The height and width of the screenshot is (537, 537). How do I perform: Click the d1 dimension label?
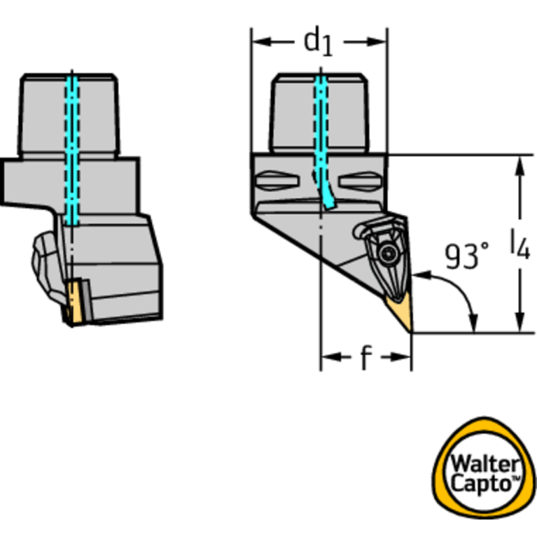[x=318, y=42]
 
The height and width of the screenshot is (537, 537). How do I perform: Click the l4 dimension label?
[x=520, y=244]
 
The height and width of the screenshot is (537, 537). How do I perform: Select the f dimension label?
[x=366, y=358]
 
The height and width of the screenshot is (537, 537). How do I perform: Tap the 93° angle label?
[x=467, y=256]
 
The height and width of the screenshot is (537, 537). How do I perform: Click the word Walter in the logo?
[x=484, y=465]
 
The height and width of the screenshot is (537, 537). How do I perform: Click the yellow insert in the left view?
[x=74, y=302]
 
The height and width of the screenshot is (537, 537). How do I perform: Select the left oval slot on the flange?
[x=277, y=180]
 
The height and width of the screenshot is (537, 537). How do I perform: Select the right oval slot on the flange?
[x=360, y=181]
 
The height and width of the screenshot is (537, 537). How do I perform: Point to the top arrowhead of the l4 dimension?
[x=520, y=166]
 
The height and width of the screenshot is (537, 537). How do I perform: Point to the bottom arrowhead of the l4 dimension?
[x=520, y=322]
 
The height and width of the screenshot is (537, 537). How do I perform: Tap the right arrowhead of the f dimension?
[x=400, y=357]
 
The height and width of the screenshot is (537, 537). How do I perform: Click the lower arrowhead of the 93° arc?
[x=473, y=323]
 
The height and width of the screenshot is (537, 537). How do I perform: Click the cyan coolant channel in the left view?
[x=72, y=151]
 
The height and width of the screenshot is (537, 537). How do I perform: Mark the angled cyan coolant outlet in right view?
[x=327, y=192]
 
